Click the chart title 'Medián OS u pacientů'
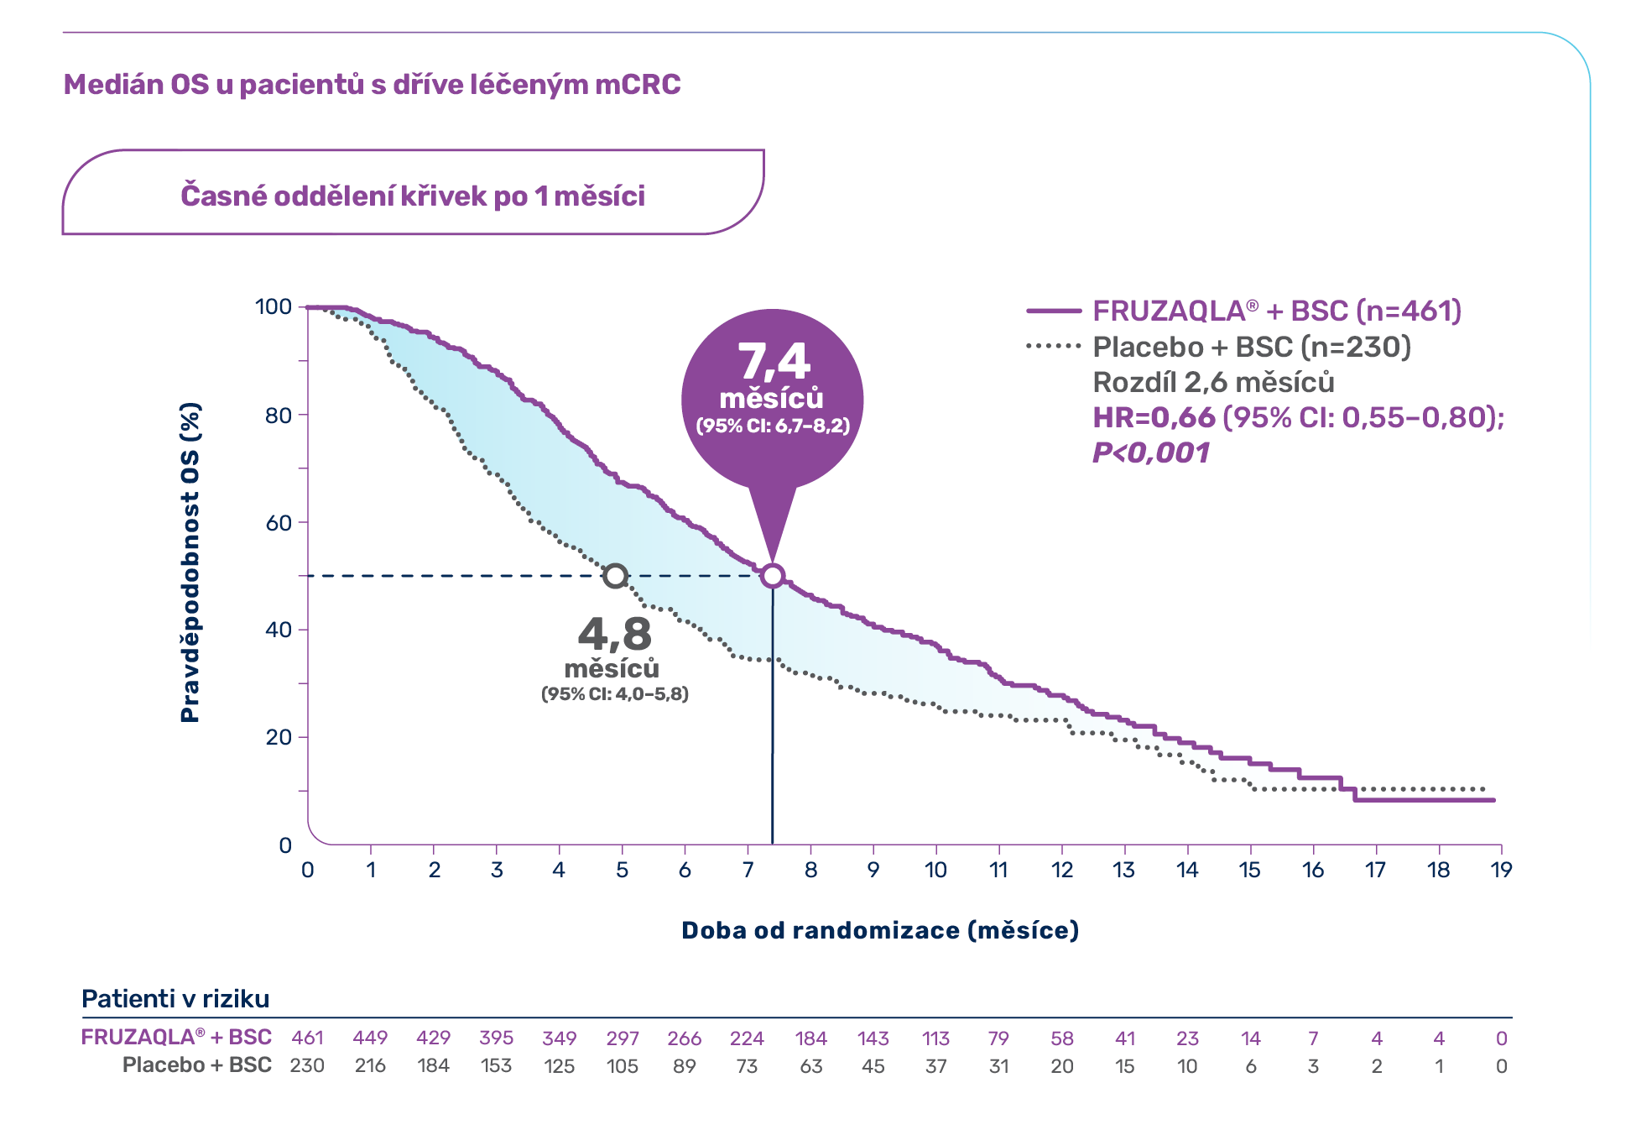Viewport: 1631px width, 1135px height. (372, 85)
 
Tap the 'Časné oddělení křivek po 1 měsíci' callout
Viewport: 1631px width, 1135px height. (413, 196)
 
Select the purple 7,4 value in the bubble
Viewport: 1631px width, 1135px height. (774, 362)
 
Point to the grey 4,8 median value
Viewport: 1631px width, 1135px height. (614, 634)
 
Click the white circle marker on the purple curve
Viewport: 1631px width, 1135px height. (773, 576)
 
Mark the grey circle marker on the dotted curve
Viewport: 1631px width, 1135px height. (616, 576)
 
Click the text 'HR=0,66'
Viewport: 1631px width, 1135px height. (1154, 417)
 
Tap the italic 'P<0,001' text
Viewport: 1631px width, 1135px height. (1150, 453)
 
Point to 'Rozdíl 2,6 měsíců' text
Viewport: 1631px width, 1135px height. (1213, 383)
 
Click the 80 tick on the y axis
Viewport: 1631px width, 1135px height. (279, 415)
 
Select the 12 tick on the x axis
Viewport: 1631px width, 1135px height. (1061, 870)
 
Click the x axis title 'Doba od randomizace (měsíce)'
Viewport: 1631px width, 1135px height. (879, 930)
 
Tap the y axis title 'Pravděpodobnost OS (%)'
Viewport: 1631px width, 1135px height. (190, 562)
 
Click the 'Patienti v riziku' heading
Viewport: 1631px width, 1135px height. (175, 999)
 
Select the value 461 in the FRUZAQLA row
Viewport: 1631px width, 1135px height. (307, 1038)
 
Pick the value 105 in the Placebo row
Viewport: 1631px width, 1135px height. (622, 1066)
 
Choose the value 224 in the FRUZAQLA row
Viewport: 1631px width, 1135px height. (747, 1038)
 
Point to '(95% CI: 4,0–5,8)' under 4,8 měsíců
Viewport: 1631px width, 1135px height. (614, 694)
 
